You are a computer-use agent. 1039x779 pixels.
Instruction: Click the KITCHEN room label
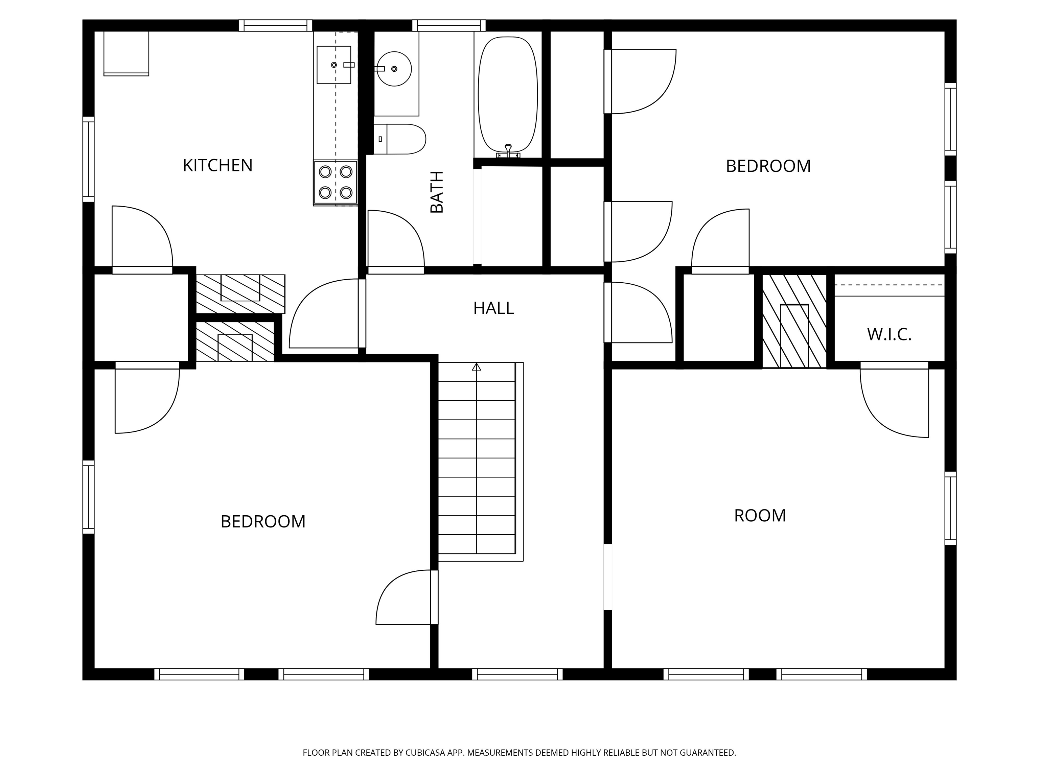tap(217, 165)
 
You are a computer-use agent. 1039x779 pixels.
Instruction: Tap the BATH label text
tap(437, 192)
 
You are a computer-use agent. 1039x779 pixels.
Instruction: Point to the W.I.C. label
tap(889, 335)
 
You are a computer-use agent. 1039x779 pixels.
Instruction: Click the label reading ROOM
tap(760, 516)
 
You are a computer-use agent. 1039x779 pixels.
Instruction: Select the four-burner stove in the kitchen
tap(336, 182)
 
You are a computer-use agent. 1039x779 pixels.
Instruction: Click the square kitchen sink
tap(333, 65)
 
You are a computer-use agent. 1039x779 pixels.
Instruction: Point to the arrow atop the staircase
tap(476, 367)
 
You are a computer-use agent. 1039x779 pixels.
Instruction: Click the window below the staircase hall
tap(517, 674)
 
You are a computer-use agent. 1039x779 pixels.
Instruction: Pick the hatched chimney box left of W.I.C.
tap(794, 321)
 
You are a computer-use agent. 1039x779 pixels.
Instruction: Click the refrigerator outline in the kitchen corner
tap(126, 53)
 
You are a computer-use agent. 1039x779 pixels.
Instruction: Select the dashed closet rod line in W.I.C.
tap(889, 285)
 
